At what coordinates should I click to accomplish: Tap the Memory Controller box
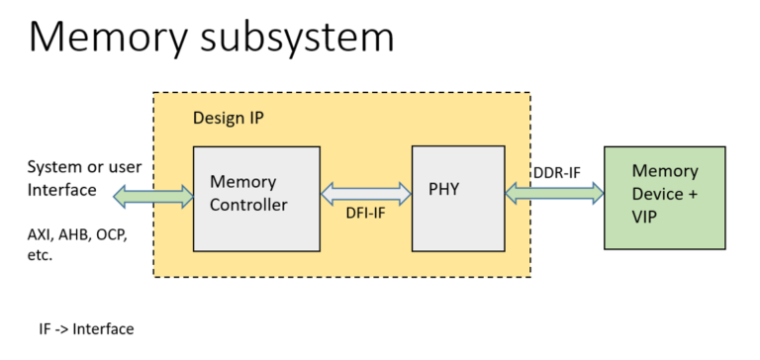[256, 198]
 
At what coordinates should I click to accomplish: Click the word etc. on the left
[40, 255]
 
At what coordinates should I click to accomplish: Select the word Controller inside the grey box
[248, 206]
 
